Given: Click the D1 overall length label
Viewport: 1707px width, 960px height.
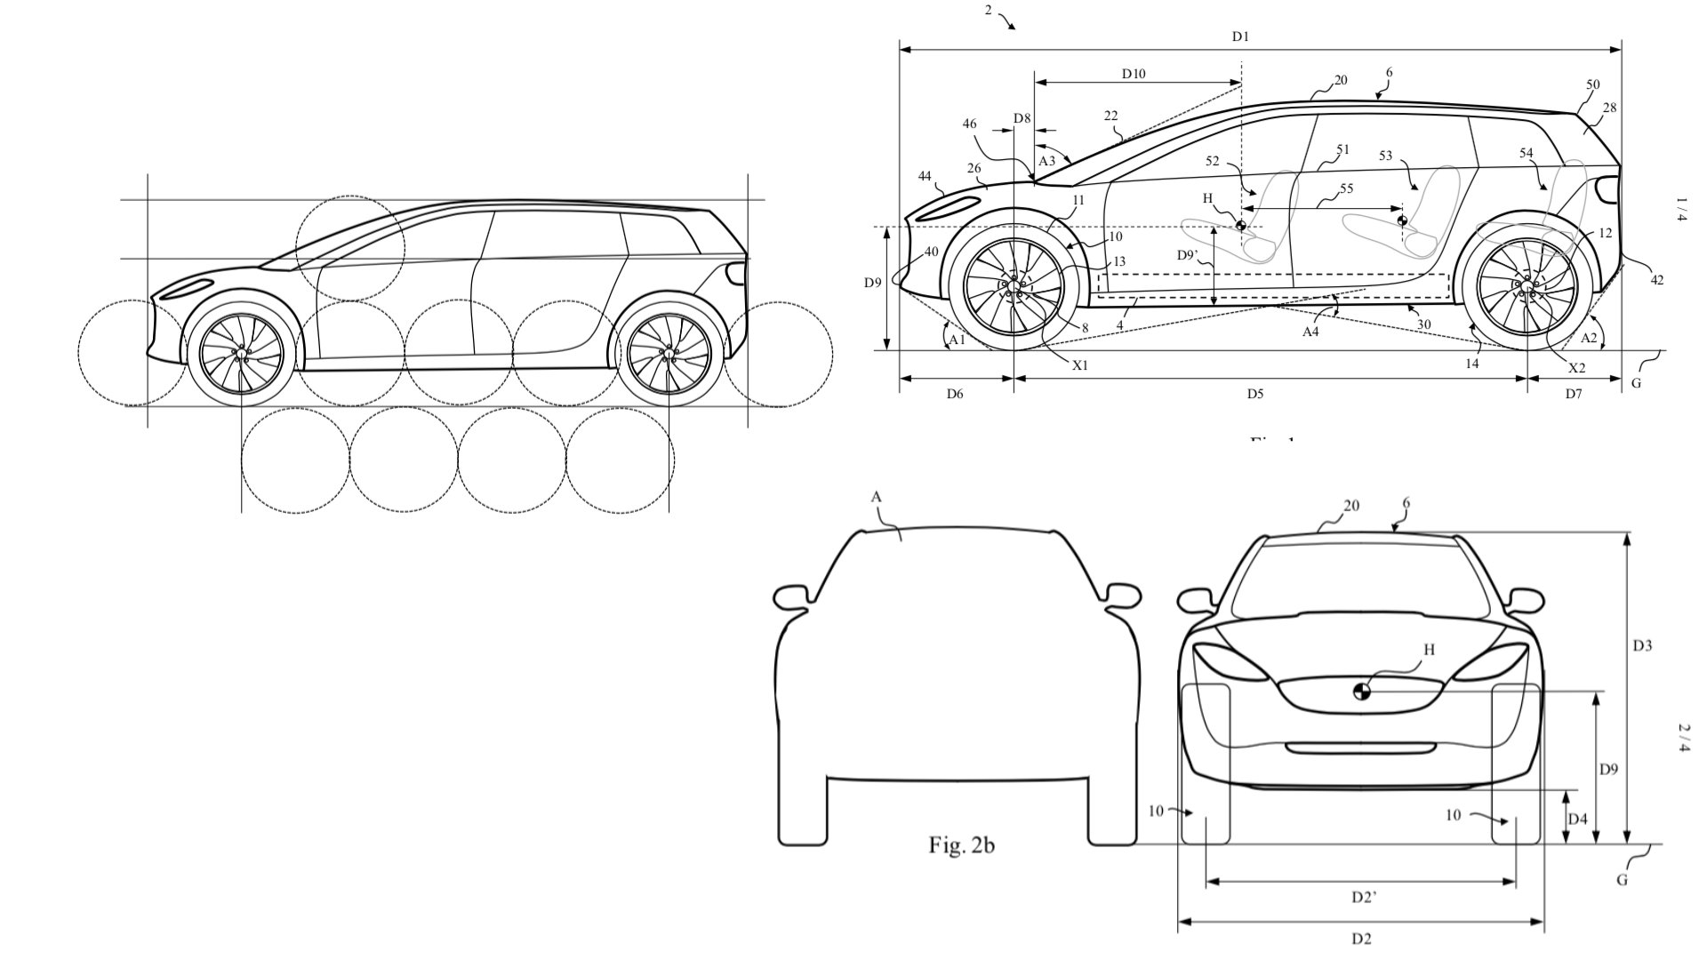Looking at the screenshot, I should [x=1240, y=36].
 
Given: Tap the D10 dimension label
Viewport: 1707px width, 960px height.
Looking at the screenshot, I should [x=1134, y=75].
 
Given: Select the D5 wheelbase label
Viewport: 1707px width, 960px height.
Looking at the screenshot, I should [x=1254, y=394].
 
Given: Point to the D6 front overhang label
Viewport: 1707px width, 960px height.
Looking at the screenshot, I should [x=954, y=394].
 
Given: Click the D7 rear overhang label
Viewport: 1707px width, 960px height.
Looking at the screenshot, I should [x=1574, y=394].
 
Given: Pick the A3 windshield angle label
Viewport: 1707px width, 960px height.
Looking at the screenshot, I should [x=1047, y=161].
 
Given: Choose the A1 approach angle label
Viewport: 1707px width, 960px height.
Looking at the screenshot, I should [x=957, y=340].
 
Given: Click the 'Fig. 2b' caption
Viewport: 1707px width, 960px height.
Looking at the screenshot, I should [x=962, y=845].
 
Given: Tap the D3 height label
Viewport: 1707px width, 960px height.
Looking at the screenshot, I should [x=1642, y=646].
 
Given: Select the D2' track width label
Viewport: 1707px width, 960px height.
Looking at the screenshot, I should [x=1364, y=898].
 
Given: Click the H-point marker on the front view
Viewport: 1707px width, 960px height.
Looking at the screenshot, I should [x=1362, y=691].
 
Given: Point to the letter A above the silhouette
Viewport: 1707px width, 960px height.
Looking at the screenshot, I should [x=876, y=499].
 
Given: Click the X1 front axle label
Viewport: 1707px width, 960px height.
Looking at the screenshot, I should [x=1079, y=365].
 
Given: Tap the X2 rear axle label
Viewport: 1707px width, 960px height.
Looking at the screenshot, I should [x=1576, y=368].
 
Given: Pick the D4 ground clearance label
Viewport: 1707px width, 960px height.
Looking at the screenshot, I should [x=1577, y=819].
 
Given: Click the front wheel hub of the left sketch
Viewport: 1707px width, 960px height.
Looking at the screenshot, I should [x=241, y=354].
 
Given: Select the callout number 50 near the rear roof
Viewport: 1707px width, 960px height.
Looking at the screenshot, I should [x=1592, y=85].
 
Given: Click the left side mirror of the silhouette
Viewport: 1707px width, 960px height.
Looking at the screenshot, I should [x=793, y=596].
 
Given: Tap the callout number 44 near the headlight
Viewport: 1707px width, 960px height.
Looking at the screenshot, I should [x=925, y=177].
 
